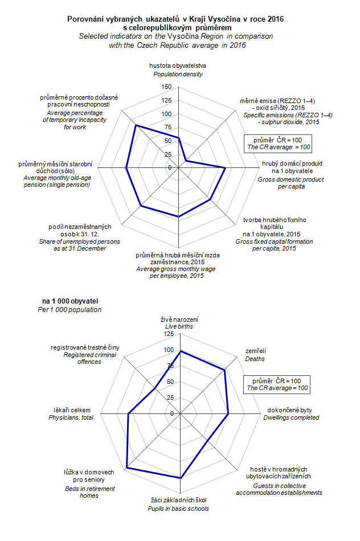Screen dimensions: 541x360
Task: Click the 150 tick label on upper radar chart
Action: (x=166, y=87)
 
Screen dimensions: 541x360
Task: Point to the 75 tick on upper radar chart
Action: (x=167, y=127)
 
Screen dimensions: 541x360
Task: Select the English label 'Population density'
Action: (x=178, y=74)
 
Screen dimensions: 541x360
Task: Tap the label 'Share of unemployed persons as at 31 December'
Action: (x=79, y=245)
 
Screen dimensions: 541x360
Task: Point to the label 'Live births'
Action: (x=179, y=326)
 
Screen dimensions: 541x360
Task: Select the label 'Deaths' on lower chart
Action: (x=255, y=359)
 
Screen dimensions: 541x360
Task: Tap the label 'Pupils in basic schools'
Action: (x=178, y=509)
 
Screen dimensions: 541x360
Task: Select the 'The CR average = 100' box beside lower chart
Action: (x=277, y=388)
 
